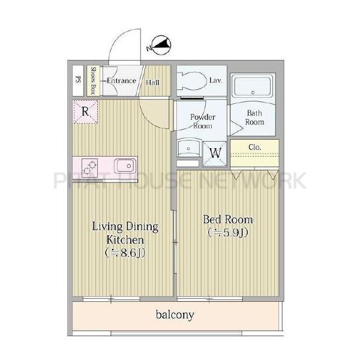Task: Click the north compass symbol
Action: [161, 45]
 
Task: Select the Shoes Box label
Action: [93, 80]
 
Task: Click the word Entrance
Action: [121, 80]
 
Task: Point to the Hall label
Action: [152, 82]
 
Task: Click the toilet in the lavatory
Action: [192, 81]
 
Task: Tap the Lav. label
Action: [215, 80]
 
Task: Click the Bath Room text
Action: [254, 118]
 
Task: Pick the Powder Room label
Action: [203, 121]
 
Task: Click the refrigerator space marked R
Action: [85, 112]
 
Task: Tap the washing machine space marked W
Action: [215, 153]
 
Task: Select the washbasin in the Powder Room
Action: [188, 148]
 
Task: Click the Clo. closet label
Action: [254, 147]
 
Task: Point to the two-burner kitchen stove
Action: [89, 168]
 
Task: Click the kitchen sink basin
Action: [125, 166]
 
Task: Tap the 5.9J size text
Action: [228, 233]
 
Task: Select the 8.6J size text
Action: [125, 253]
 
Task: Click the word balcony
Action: [175, 314]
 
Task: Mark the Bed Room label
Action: [228, 220]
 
